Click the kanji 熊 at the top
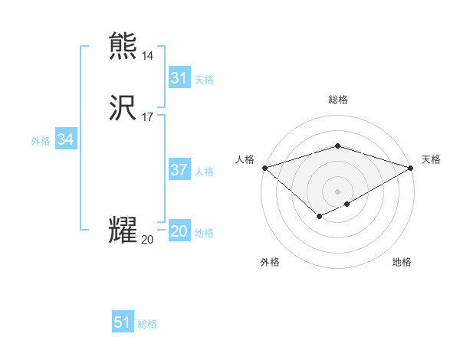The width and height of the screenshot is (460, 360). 123,47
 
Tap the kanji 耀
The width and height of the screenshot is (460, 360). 123,231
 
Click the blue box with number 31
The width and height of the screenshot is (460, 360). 179,78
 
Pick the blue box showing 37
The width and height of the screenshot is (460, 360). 179,170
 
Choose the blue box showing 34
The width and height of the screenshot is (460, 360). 66,140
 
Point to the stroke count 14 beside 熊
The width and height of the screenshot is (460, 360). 148,56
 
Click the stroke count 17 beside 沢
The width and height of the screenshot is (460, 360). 148,117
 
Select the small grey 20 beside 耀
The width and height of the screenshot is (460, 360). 147,240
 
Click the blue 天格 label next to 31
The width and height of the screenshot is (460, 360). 204,80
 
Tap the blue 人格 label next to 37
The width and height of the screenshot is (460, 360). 204,172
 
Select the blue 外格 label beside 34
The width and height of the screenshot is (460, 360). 41,141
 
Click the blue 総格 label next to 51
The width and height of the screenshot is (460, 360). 147,324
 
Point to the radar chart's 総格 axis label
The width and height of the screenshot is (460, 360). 337,100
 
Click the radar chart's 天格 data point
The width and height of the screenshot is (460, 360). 412,168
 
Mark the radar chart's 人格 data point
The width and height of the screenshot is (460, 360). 264,168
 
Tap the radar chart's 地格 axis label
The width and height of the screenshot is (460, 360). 402,263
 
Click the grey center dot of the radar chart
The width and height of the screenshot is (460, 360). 337,191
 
